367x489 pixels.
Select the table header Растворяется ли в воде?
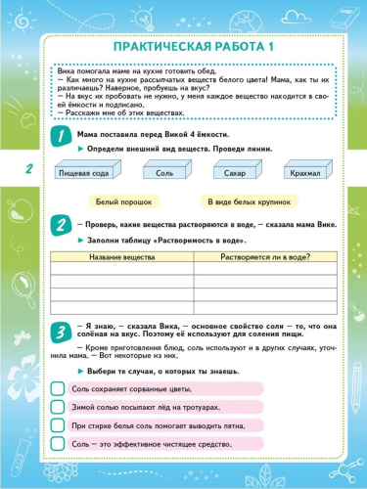[258, 256]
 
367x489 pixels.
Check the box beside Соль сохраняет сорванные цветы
[60, 389]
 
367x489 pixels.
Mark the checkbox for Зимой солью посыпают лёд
[60, 407]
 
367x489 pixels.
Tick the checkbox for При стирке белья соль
[60, 425]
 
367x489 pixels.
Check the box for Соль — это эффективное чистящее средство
[60, 444]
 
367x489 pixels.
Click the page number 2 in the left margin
[28, 170]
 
